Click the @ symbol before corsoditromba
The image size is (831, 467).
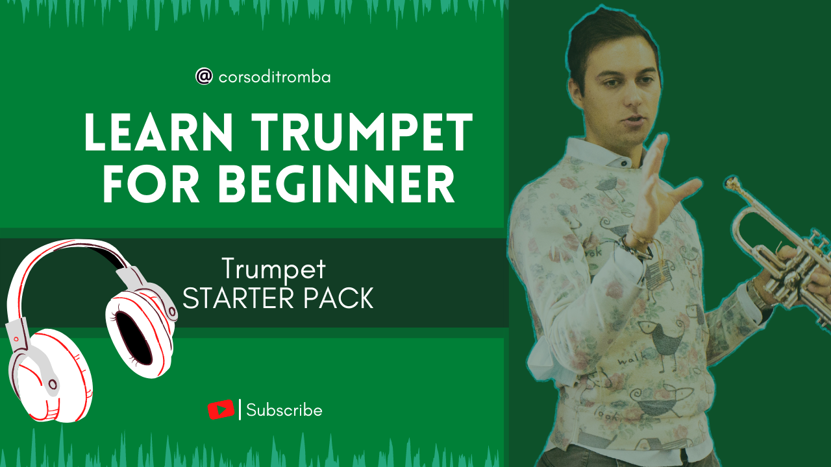pyautogui.click(x=204, y=77)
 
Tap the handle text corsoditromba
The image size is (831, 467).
pyautogui.click(x=275, y=77)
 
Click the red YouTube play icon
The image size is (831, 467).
pyautogui.click(x=221, y=409)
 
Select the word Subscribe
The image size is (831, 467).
pyautogui.click(x=284, y=411)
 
